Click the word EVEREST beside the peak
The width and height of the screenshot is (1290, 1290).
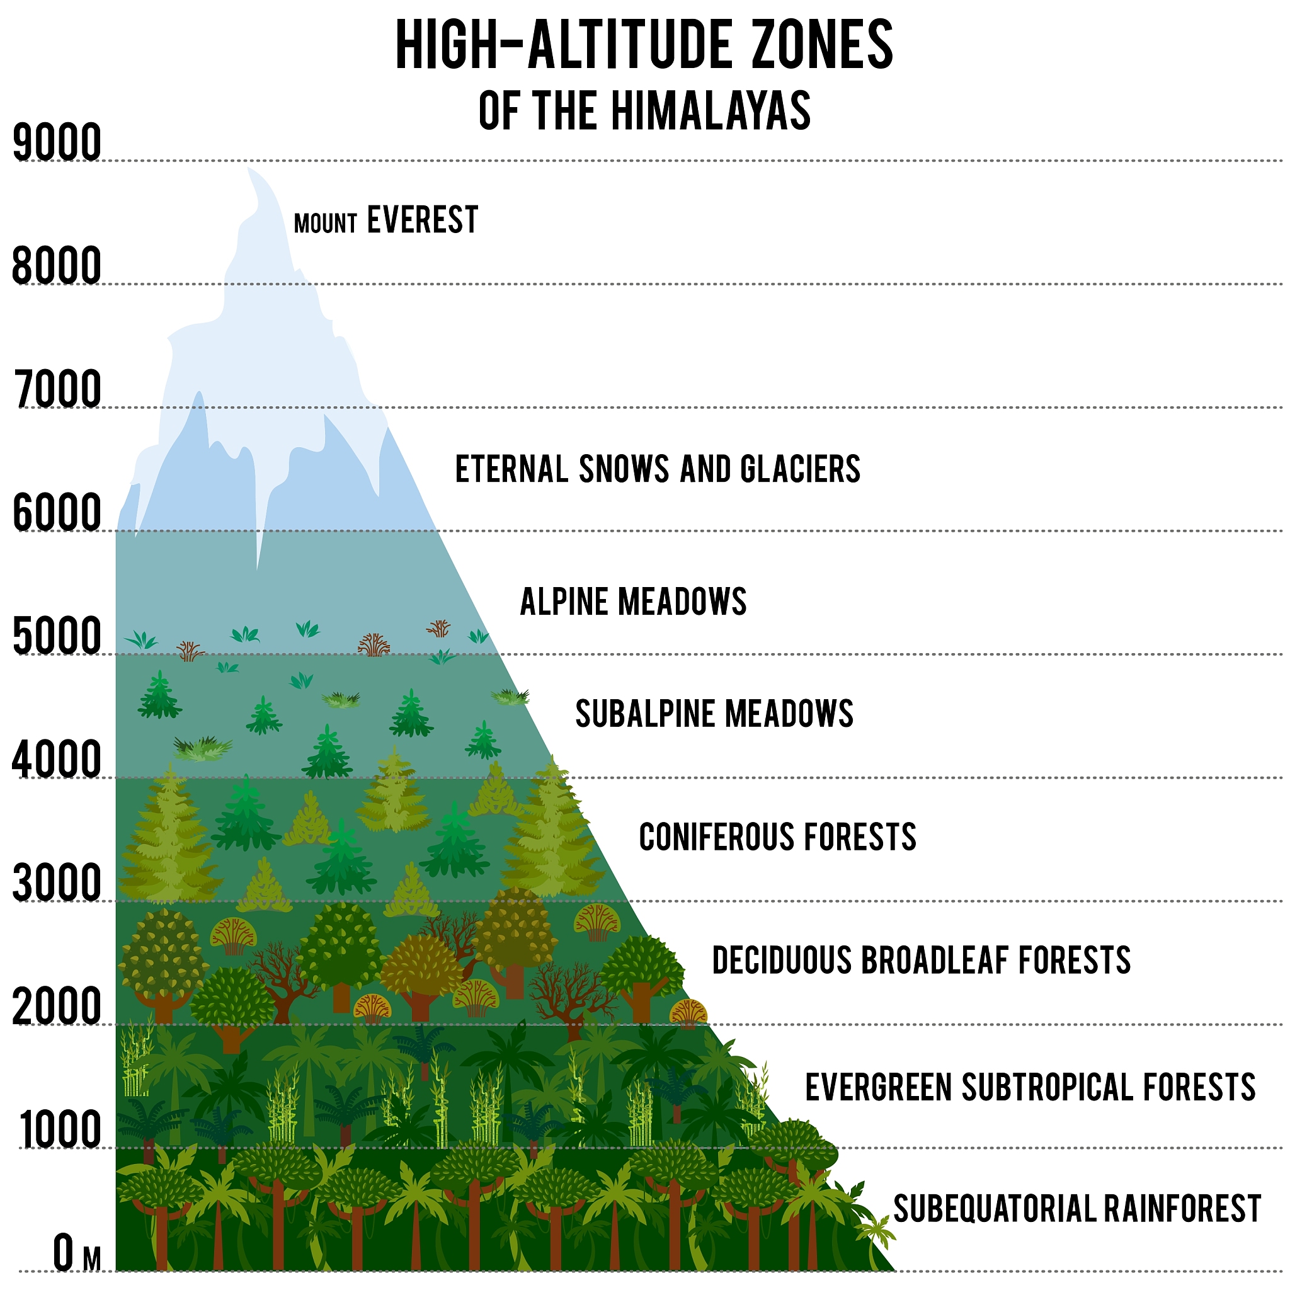pyautogui.click(x=423, y=220)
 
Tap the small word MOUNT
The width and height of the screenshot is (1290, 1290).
pyautogui.click(x=326, y=224)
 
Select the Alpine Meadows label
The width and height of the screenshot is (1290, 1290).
pyautogui.click(x=633, y=602)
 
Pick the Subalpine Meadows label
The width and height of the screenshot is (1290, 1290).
pyautogui.click(x=714, y=714)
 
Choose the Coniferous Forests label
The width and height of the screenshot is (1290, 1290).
pyautogui.click(x=777, y=836)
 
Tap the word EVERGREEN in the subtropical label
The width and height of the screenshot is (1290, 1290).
pyautogui.click(x=878, y=1087)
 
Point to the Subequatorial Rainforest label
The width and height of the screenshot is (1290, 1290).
pyautogui.click(x=1077, y=1209)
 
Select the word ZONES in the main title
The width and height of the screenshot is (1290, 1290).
pyautogui.click(x=823, y=45)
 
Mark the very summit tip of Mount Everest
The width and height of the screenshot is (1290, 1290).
pyautogui.click(x=248, y=168)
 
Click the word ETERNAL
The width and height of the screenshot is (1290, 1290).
pyautogui.click(x=511, y=469)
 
